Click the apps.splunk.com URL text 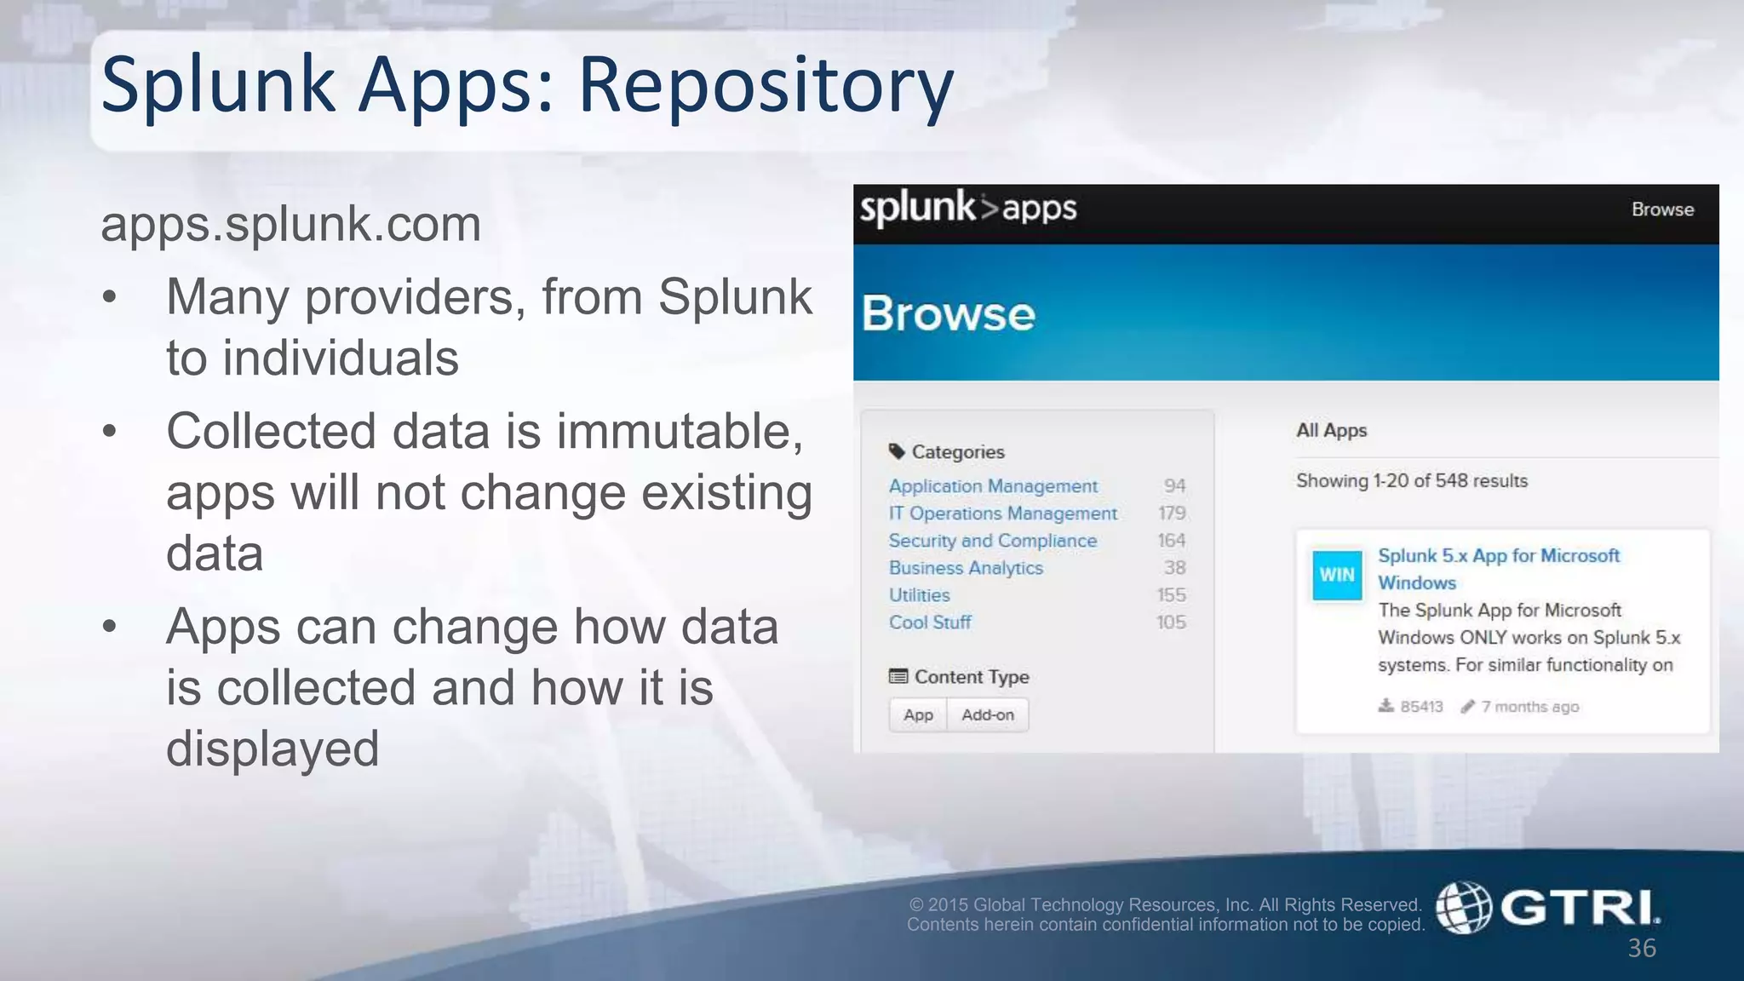point(291,225)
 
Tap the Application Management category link point(993,486)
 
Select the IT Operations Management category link point(1002,513)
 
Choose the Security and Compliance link point(992,541)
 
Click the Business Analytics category point(966,568)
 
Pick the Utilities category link point(919,595)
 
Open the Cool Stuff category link point(930,622)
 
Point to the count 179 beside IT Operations point(1172,513)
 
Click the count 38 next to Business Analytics point(1175,568)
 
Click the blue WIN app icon point(1336,575)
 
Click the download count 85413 point(1421,707)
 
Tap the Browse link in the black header point(1661,210)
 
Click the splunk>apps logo point(967,209)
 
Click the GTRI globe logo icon point(1463,908)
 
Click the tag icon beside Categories point(897,451)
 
